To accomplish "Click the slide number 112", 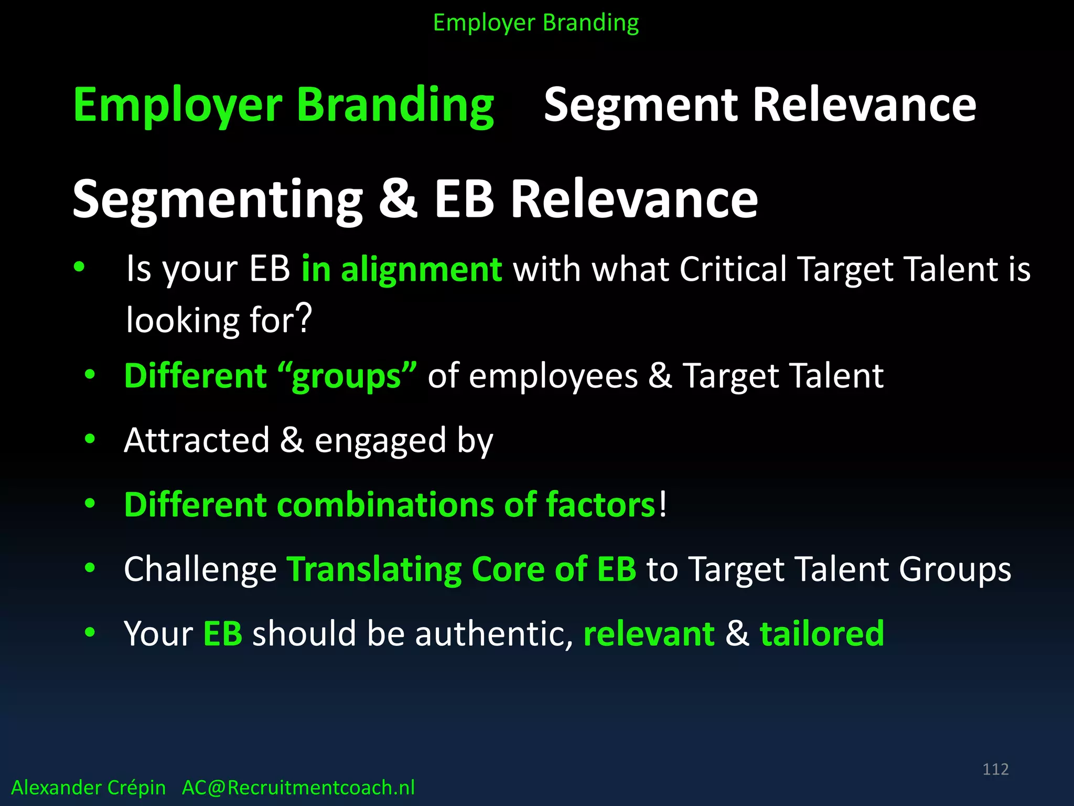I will (x=995, y=769).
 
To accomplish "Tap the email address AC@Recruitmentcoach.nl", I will (x=298, y=788).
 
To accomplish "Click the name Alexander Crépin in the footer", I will (x=88, y=788).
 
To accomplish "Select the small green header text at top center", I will (x=536, y=23).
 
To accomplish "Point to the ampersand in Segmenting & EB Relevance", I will (x=398, y=199).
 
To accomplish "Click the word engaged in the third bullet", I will (x=380, y=441).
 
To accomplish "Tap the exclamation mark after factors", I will (x=663, y=504).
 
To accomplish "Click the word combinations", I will (x=385, y=505).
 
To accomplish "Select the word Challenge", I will (x=200, y=569).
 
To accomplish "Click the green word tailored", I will (x=822, y=634).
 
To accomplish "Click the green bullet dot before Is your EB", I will (x=79, y=267).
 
